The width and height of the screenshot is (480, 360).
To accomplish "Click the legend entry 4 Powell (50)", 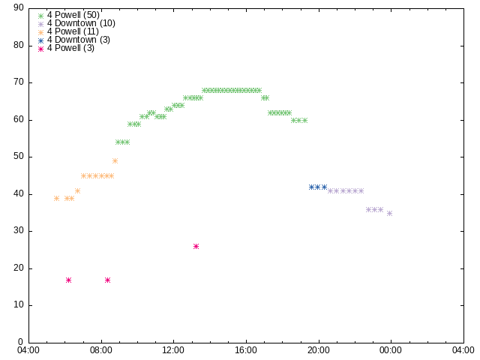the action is [68, 15].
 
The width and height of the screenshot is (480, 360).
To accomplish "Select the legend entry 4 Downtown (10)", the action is [76, 23].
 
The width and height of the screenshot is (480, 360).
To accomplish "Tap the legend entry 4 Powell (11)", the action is [68, 31].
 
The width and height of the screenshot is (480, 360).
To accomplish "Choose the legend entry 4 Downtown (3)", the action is [73, 40].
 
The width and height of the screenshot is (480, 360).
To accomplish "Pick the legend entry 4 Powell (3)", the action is [66, 48].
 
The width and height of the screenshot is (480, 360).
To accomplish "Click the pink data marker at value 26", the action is [196, 247].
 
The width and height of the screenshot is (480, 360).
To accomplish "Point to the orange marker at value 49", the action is [115, 161].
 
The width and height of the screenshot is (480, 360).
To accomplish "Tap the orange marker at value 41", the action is [77, 191].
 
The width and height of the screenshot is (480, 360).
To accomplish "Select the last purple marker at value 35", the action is [390, 213].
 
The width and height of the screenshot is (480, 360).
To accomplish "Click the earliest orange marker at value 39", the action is [57, 198].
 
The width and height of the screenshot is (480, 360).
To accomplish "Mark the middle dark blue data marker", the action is [318, 187].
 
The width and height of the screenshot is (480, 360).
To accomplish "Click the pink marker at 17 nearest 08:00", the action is [107, 280].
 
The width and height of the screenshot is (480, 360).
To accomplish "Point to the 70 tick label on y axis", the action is [19, 82].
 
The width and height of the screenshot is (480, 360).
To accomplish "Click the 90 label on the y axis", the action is [19, 7].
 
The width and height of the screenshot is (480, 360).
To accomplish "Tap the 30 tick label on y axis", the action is [19, 230].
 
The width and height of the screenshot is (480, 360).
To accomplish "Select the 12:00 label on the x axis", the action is [173, 350].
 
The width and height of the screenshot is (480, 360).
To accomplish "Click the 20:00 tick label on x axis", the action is [319, 350].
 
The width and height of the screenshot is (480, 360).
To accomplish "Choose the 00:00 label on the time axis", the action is [391, 350].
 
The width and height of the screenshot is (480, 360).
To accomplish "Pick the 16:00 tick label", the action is [246, 350].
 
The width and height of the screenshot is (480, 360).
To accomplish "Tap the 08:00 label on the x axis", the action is [101, 350].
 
